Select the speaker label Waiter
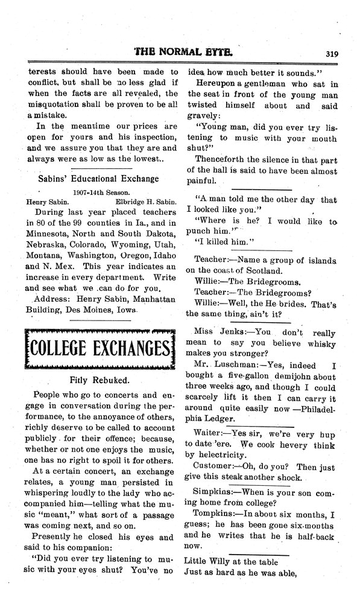(210, 433)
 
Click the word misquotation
(54, 104)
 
